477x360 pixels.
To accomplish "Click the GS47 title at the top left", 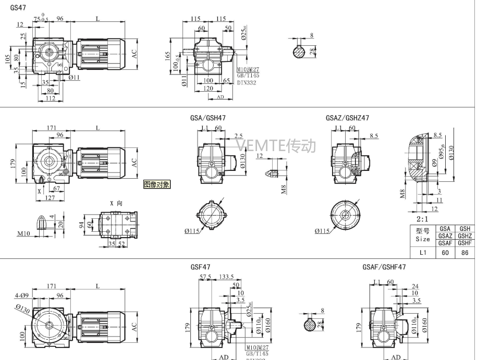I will (18, 8).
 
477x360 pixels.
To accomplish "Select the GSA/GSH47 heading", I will (208, 118).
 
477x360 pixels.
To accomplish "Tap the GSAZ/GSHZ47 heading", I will (347, 118).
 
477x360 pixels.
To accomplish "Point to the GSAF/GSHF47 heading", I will (384, 267).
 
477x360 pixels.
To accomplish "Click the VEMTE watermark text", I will (276, 145).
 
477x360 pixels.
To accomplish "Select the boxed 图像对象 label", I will (156, 184).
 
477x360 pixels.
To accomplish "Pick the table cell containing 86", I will (465, 253).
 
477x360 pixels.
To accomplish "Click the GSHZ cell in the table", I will (465, 236).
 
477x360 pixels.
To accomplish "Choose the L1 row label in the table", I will (423, 253).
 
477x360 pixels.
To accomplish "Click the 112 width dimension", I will (50, 98).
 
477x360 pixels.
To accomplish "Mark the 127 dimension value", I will (50, 197).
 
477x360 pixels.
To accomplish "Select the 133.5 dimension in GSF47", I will (226, 277).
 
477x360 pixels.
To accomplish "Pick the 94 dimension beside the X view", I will (81, 225).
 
